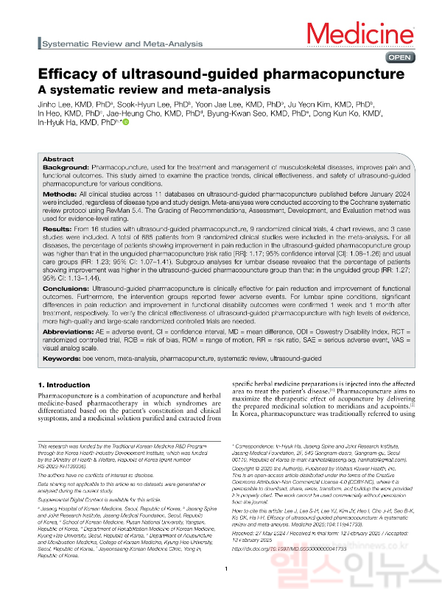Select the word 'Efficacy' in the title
[x=70, y=75]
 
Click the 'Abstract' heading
[x=58, y=159]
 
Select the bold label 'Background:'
[x=64, y=168]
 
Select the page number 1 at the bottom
[x=226, y=568]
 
